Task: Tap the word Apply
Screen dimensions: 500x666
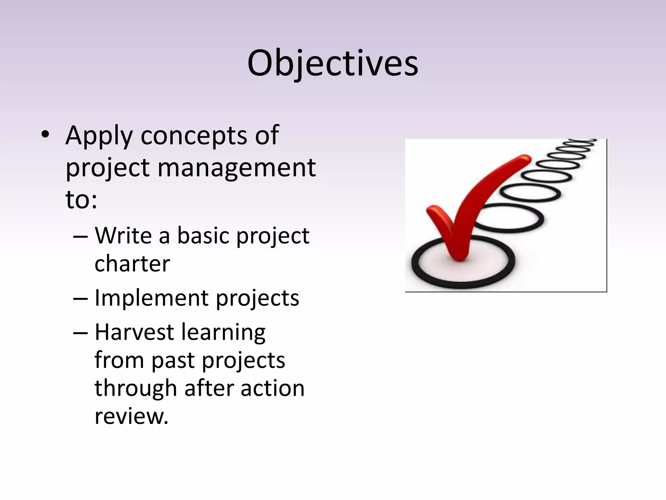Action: pos(99,136)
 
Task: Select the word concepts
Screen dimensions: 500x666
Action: pos(193,136)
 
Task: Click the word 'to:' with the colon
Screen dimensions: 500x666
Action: pos(81,199)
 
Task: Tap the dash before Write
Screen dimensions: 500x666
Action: pos(80,236)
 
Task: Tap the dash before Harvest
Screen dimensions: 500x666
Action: pos(80,333)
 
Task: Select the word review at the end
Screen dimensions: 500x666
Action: pos(131,417)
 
